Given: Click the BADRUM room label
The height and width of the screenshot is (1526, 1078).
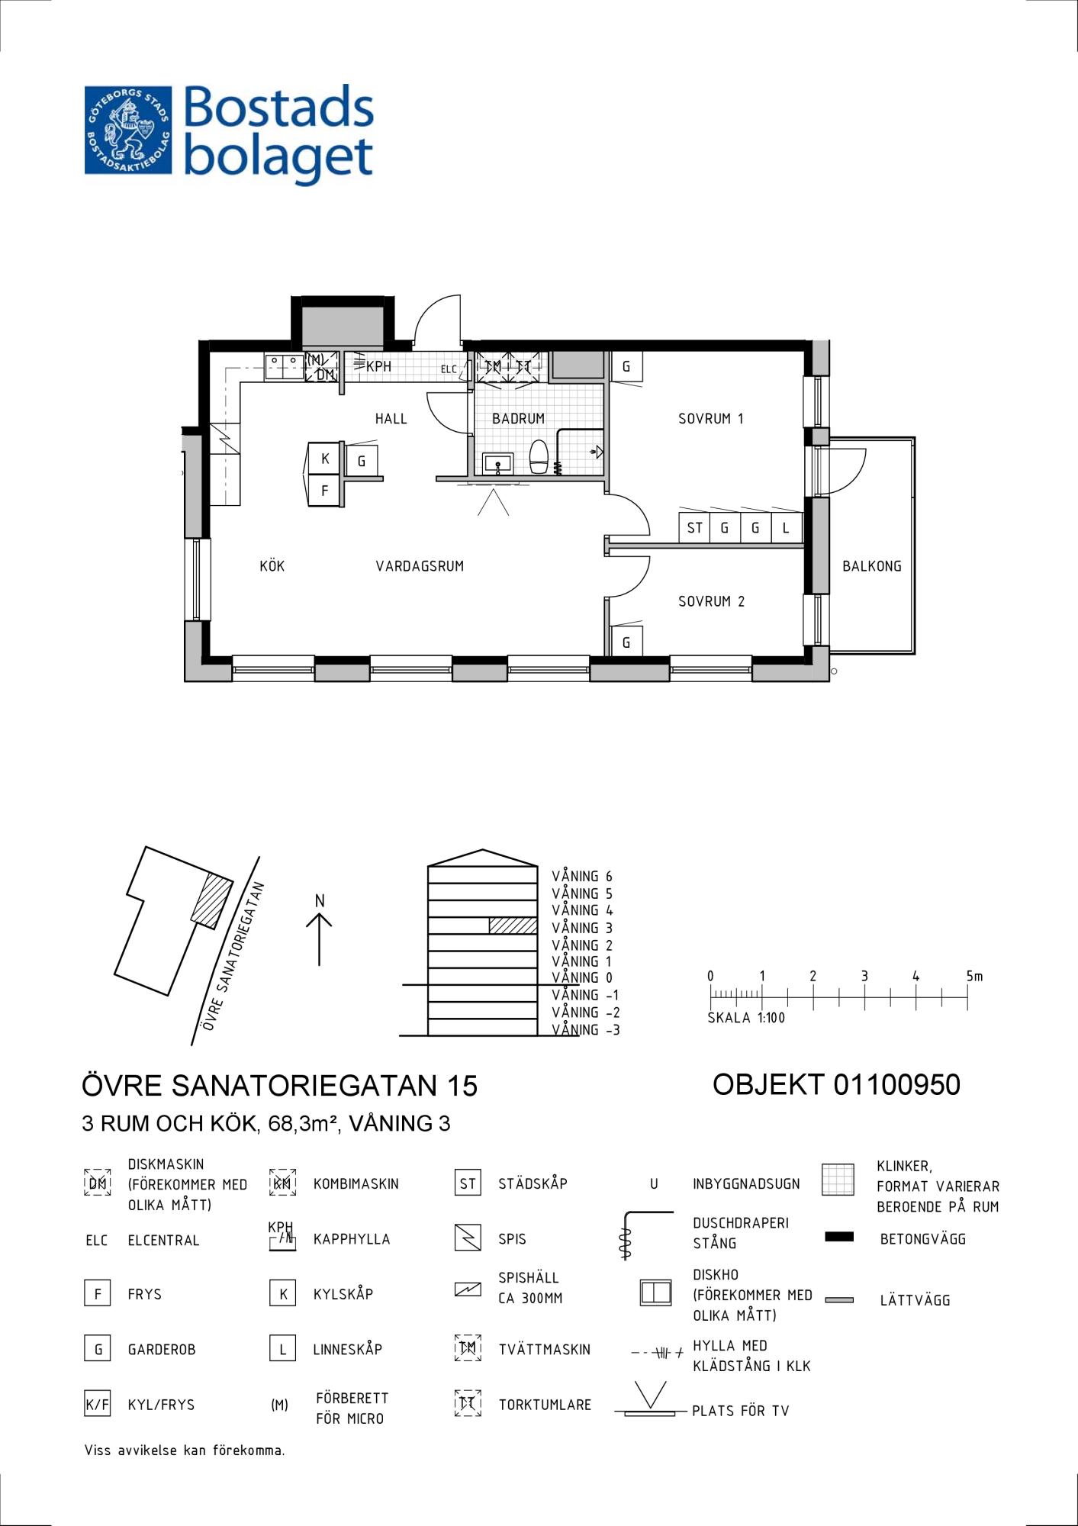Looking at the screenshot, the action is [518, 418].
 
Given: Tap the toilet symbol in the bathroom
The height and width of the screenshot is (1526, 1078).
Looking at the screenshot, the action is [539, 456].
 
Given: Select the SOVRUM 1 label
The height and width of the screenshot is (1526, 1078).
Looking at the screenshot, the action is [710, 418].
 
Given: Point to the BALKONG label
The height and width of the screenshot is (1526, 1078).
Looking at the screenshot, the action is [871, 566].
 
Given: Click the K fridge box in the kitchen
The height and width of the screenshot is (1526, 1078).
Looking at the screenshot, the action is [324, 459].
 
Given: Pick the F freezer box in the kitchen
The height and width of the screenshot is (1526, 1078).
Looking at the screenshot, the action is [324, 491].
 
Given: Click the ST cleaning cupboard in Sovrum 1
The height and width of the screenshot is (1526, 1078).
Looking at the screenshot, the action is [694, 527].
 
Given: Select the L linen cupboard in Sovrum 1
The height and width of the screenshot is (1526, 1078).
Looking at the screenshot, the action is [786, 527].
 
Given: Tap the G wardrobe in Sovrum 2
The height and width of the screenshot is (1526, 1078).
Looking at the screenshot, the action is [626, 642].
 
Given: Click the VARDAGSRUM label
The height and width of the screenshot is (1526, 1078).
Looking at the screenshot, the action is [420, 566].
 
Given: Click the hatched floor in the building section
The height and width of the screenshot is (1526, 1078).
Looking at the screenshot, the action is [513, 926].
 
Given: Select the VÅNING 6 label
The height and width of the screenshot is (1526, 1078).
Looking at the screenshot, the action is [582, 877].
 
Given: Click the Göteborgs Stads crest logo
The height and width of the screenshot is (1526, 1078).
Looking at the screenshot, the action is [128, 130].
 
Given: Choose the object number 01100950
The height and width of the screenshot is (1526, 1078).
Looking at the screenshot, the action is [896, 1084].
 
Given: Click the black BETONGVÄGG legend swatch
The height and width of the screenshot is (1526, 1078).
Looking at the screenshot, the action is [839, 1237].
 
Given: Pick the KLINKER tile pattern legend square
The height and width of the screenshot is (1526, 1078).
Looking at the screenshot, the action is [838, 1180].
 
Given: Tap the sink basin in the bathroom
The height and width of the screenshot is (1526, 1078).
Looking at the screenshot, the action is [498, 463].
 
